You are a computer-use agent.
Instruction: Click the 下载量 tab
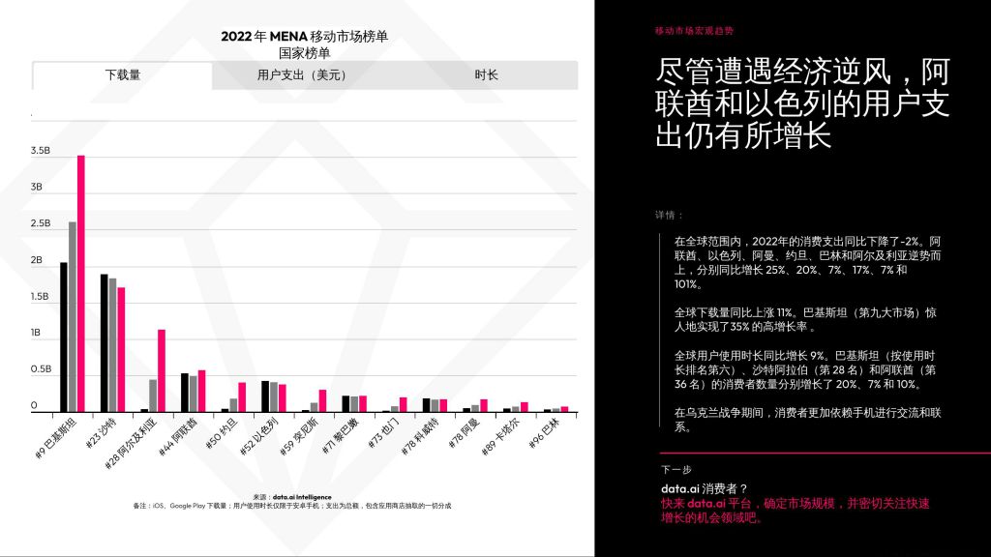click(123, 74)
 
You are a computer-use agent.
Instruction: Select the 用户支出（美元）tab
click(301, 74)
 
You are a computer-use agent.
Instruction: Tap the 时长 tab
click(487, 74)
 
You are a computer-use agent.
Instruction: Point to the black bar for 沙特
click(105, 342)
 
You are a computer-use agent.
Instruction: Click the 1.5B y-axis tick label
click(40, 297)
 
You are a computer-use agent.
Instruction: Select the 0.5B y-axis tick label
click(40, 369)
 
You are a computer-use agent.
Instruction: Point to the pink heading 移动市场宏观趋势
click(694, 31)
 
